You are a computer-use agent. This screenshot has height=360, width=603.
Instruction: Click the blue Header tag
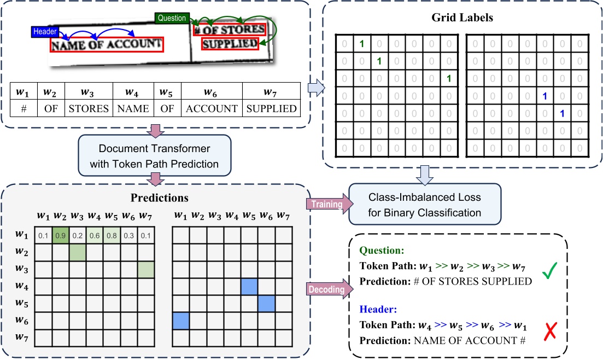pos(43,32)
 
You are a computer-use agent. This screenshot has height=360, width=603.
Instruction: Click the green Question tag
pos(172,18)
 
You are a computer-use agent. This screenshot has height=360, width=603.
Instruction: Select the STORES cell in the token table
pos(89,108)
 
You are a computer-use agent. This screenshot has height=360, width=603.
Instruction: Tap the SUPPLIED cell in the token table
pos(271,108)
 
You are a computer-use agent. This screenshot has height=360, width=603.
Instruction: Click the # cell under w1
pos(24,108)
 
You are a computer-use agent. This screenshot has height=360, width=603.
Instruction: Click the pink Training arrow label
pos(327,204)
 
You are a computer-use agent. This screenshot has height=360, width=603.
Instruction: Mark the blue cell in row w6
pos(180,321)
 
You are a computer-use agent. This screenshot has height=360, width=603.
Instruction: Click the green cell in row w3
pos(145,269)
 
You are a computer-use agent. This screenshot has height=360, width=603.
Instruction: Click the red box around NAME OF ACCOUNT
pos(107,45)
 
